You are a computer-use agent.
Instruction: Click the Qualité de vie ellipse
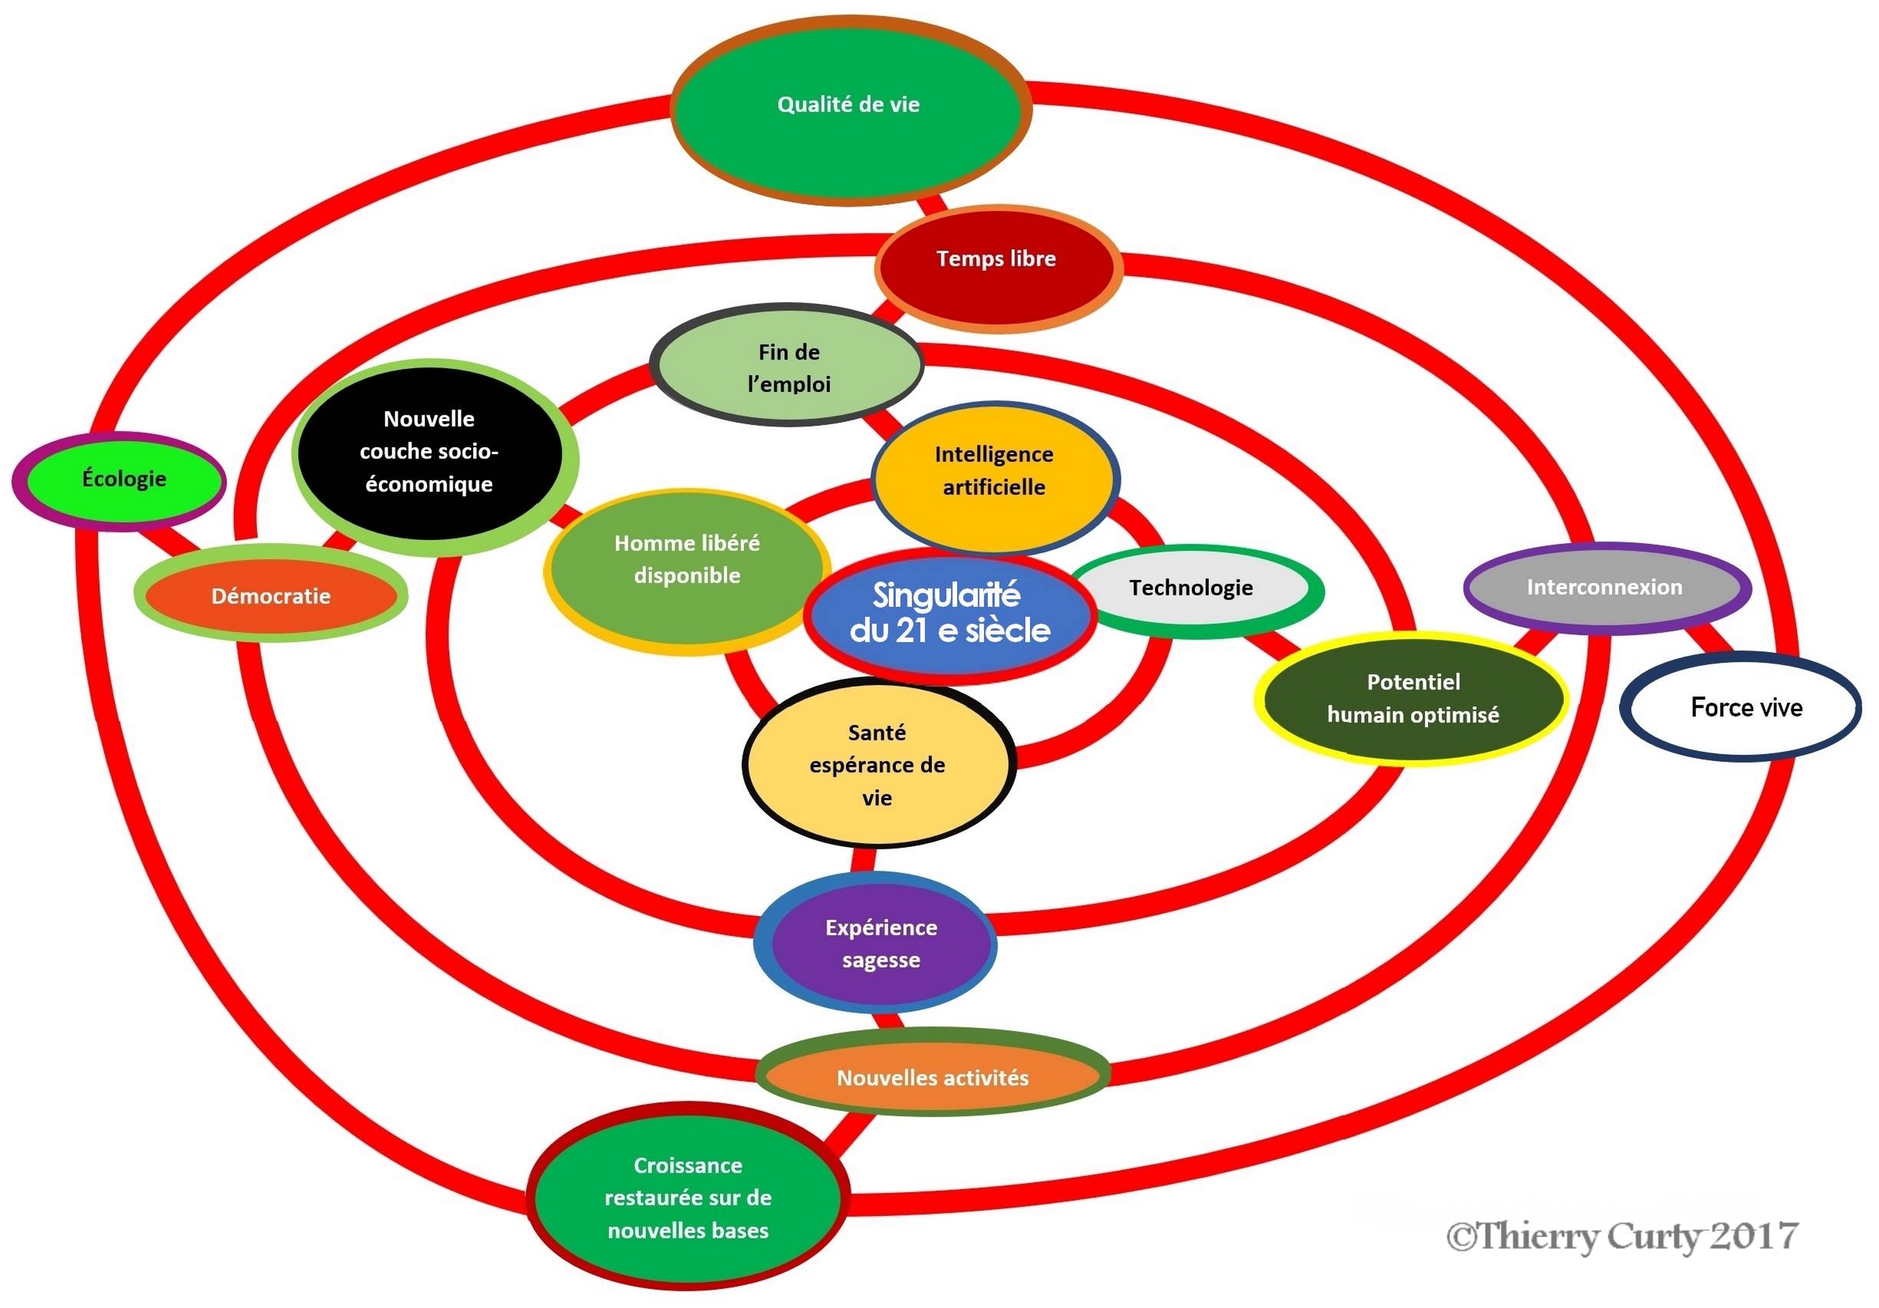pos(849,110)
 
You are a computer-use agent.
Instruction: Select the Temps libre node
pos(996,267)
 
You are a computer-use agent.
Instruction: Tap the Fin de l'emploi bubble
pos(787,366)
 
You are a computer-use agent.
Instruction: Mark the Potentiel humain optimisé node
pos(1412,698)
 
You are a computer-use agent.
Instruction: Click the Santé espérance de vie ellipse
pos(879,764)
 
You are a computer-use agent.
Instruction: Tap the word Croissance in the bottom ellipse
pos(688,1165)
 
